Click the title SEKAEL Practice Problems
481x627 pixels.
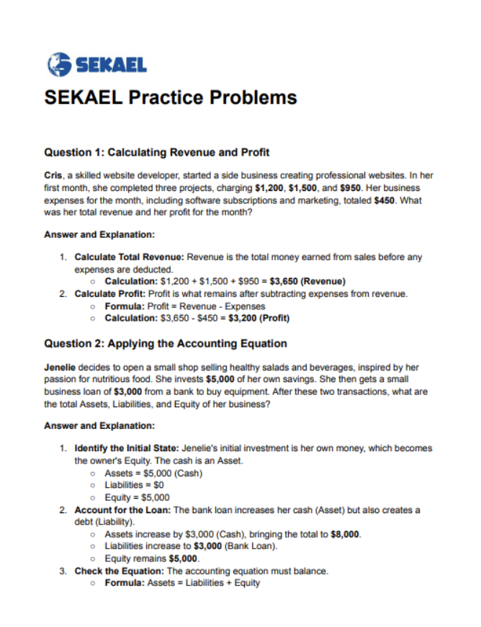click(171, 97)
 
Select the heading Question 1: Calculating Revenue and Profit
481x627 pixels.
click(157, 152)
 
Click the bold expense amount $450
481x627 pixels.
click(385, 200)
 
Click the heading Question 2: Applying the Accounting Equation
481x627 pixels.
click(166, 343)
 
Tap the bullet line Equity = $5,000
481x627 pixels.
click(137, 497)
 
